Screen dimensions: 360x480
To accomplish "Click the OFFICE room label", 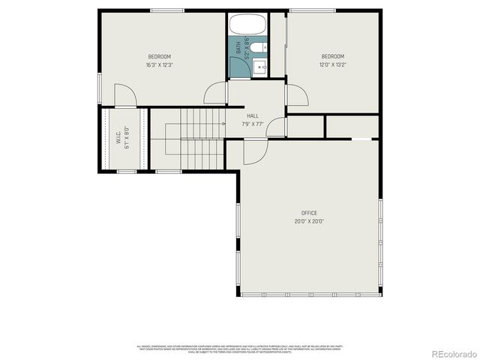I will (309, 213).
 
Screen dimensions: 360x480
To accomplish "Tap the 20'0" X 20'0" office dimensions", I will (309, 221).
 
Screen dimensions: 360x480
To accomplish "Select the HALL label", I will (253, 115).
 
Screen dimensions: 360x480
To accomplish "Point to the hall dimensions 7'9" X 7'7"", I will (253, 124).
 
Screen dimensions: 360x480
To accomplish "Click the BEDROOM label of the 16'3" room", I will (159, 57).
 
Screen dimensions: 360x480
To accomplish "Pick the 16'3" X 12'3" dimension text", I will (159, 65).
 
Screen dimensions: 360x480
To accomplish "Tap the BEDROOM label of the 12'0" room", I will (333, 56).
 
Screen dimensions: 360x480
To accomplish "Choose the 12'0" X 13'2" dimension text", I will (333, 64).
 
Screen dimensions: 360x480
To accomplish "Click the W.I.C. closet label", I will (118, 139).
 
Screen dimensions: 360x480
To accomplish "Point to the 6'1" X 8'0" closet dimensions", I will (127, 139).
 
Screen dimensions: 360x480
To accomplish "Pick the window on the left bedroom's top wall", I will (163, 10).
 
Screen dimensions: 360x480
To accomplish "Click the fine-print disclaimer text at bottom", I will (240, 349).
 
